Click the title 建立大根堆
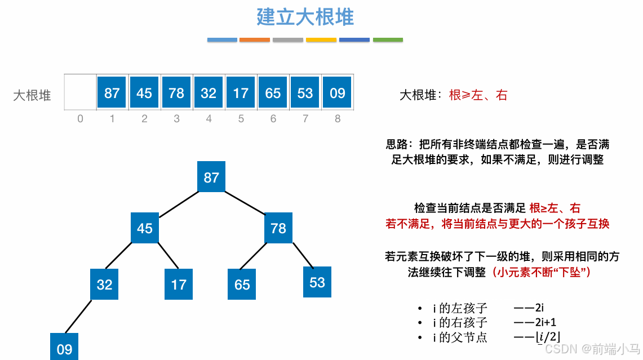pos(305,17)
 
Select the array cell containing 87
pos(112,93)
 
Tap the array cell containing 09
pos(338,93)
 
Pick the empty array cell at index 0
pos(80,93)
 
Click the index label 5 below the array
pos(241,119)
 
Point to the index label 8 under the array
pos(338,119)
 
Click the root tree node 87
pos(211,177)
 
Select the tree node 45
pos(145,228)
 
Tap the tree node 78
pos(278,228)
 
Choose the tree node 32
pos(105,284)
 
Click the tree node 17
pos(179,284)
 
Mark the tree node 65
pos(242,284)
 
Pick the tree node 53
pos(317,282)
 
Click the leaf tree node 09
pos(65,348)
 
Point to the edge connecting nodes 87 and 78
pos(245,203)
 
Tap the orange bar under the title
pos(255,40)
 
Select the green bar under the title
pos(388,40)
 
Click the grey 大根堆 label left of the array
pos(32,95)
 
